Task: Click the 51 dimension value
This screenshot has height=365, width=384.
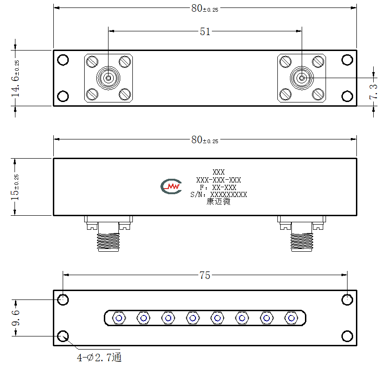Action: click(205, 32)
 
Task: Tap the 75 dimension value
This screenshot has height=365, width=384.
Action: click(205, 275)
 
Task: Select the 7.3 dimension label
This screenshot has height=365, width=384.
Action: click(373, 92)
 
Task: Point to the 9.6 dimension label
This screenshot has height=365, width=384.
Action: click(16, 318)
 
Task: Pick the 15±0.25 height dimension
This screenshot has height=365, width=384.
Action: click(14, 187)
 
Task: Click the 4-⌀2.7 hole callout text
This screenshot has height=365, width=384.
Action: click(99, 358)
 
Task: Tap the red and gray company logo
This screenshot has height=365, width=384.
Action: click(171, 186)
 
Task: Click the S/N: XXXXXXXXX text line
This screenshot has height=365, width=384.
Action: click(219, 195)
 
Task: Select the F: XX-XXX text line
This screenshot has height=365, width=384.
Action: click(218, 188)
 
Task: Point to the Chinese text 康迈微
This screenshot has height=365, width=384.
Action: click(218, 202)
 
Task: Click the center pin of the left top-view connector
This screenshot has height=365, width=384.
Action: click(108, 78)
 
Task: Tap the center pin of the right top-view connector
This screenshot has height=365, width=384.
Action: click(302, 78)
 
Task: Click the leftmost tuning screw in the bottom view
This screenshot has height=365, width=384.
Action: click(119, 318)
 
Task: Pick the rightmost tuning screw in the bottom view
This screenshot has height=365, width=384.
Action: click(291, 318)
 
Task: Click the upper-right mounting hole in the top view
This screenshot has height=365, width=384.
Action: click(347, 60)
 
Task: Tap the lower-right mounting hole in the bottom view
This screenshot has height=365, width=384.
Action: click(347, 336)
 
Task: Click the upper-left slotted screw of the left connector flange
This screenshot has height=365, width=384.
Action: click(92, 62)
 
